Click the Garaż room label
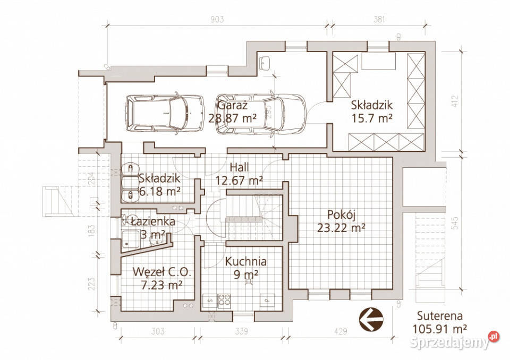(233, 105)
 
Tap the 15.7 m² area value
(371, 118)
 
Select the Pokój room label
(341, 215)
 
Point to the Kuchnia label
(245, 261)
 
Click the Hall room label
(240, 167)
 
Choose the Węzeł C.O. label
(161, 272)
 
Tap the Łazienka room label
(153, 221)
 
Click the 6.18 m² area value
(160, 192)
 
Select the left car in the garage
(165, 113)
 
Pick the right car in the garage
(261, 114)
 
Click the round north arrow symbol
(371, 319)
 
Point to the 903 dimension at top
(217, 19)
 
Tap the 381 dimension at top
(379, 19)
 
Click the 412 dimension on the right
(455, 101)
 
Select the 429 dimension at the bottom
(340, 331)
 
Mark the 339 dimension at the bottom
(241, 331)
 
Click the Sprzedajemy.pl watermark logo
(454, 341)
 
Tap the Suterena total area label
(440, 322)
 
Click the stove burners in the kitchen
(224, 301)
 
